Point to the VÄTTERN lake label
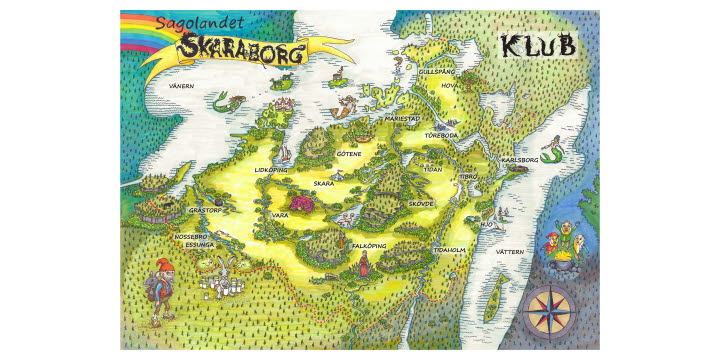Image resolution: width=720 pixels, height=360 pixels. point(510,252)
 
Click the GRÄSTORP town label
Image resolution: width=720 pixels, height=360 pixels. point(208,210)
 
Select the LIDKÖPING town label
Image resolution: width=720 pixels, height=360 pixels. point(271,170)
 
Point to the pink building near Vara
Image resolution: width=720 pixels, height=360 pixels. point(304,205)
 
